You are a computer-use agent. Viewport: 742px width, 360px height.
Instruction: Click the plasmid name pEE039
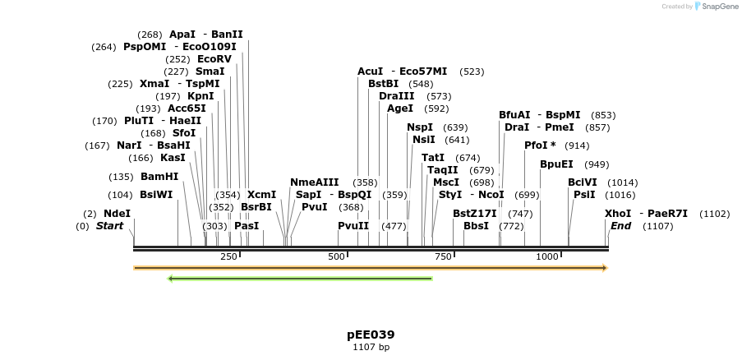371,335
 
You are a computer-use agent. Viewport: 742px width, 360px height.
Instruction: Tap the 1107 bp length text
371,348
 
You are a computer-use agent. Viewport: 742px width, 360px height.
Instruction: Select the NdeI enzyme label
117,214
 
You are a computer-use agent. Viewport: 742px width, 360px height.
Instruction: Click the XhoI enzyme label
618,214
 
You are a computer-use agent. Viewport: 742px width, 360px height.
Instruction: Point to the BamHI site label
159,177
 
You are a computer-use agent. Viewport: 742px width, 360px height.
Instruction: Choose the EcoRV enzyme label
214,59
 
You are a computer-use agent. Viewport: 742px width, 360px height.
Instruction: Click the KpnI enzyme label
200,96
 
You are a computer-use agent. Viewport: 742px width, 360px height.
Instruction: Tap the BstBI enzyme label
383,84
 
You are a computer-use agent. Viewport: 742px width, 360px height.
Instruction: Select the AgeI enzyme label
399,108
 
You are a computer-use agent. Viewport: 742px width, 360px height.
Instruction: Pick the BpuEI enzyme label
556,164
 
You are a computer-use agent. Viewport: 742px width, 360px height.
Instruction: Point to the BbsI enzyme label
476,226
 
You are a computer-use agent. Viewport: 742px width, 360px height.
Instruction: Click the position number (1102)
714,214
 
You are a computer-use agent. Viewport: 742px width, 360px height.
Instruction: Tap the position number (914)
576,145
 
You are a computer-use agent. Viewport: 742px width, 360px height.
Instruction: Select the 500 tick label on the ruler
337,257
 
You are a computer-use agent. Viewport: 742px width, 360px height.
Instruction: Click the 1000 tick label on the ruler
547,257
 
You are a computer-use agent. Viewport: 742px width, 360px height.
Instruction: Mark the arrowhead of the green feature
170,279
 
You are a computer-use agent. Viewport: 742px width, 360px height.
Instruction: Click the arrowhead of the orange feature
604,268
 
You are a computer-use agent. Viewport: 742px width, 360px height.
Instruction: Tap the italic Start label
109,226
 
